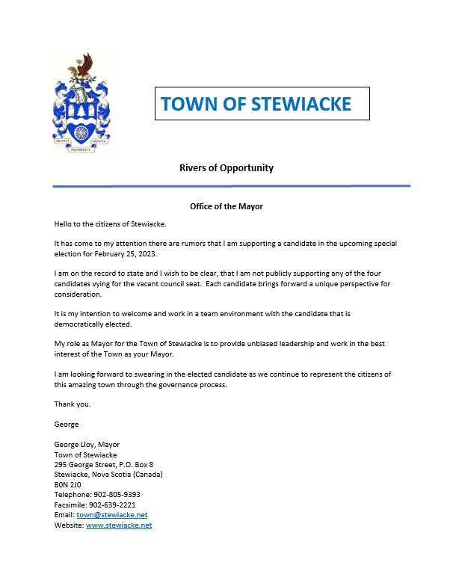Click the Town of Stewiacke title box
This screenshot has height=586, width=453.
(x=262, y=104)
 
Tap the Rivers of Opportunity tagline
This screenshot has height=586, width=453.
(x=226, y=167)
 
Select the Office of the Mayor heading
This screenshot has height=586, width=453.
(x=226, y=206)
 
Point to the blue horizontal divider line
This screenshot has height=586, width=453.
(x=231, y=185)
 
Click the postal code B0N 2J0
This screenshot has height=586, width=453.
(x=67, y=484)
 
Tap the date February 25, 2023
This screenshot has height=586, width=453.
(x=127, y=254)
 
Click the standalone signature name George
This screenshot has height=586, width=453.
(x=67, y=424)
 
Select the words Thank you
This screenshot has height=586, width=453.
(x=70, y=404)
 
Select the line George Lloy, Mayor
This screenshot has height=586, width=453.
(x=87, y=444)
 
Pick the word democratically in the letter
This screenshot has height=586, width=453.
(x=82, y=324)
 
